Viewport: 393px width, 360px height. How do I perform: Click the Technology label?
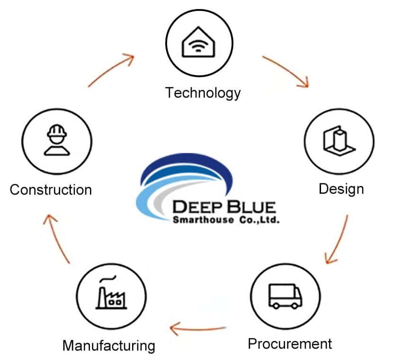203,92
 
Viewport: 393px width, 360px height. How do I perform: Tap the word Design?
341,189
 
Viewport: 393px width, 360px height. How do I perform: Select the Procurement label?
290,343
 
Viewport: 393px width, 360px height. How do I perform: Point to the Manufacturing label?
108,345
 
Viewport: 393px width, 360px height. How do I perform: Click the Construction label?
51,190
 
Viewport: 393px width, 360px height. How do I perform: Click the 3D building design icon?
338,140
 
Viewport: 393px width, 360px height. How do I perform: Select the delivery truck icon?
285,297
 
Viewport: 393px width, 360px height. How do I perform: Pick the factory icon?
111,294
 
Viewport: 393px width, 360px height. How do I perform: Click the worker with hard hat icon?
56,140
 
